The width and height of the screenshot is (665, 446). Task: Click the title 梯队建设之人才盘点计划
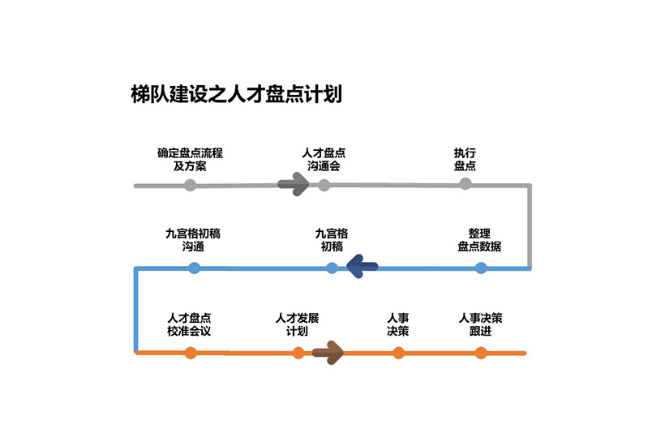tap(236, 93)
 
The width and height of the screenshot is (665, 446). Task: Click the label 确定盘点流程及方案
tap(190, 159)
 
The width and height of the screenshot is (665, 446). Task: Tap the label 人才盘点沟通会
tap(324, 159)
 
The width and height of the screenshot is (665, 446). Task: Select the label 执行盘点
tap(465, 159)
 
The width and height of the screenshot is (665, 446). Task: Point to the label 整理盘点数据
tap(479, 239)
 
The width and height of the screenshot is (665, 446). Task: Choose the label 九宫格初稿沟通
tap(193, 239)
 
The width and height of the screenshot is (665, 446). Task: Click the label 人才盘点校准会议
tap(190, 324)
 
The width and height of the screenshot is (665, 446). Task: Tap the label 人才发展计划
tap(297, 324)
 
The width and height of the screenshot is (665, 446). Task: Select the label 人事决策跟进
tap(480, 324)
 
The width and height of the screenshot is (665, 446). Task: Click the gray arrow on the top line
tap(294, 185)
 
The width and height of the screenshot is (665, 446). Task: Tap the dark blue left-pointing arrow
tap(362, 266)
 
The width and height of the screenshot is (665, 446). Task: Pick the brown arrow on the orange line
tap(328, 352)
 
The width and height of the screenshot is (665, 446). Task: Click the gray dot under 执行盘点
tap(465, 184)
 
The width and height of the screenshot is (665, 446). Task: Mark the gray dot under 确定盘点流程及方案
tap(190, 185)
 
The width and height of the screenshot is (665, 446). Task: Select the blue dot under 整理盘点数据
tap(481, 268)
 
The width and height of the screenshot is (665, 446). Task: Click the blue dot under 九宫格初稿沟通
tap(194, 268)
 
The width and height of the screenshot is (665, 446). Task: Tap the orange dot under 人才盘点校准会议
tap(191, 352)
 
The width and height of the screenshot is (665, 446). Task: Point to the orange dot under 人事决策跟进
tap(481, 352)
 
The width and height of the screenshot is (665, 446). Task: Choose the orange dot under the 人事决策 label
tap(398, 352)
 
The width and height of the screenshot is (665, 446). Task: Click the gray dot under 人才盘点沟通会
tap(324, 185)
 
